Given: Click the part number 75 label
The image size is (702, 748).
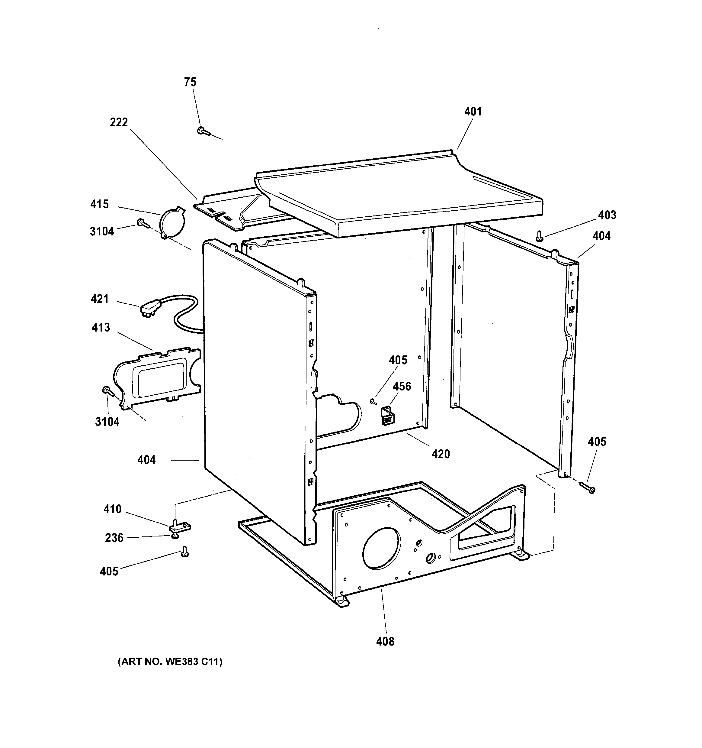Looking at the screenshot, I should pyautogui.click(x=190, y=82).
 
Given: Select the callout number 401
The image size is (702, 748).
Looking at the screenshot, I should pyautogui.click(x=473, y=112).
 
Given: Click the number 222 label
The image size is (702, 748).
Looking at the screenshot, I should pyautogui.click(x=119, y=122).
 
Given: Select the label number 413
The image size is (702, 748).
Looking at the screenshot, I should pyautogui.click(x=101, y=327).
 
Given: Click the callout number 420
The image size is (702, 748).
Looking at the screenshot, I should pyautogui.click(x=441, y=454).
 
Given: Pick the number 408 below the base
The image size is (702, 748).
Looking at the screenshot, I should pyautogui.click(x=385, y=641).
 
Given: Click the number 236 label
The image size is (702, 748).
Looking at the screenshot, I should pyautogui.click(x=114, y=538).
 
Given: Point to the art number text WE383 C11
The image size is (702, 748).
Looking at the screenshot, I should pyautogui.click(x=170, y=672).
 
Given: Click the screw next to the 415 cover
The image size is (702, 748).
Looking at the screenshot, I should pyautogui.click(x=143, y=224).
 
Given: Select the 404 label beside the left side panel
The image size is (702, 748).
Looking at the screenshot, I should pyautogui.click(x=146, y=460).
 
